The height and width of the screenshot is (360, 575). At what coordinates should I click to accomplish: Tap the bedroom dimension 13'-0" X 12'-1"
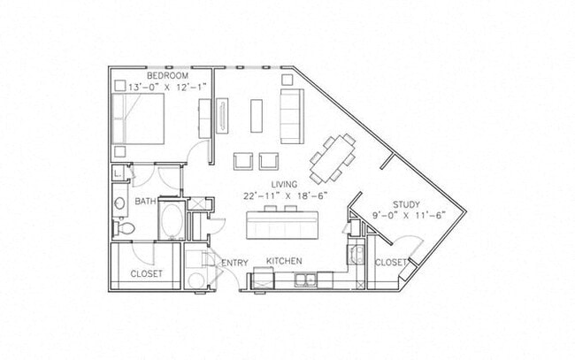pyautogui.click(x=165, y=87)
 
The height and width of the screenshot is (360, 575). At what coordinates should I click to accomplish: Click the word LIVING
pyautogui.click(x=271, y=183)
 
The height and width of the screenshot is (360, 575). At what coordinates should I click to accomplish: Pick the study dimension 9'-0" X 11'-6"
pyautogui.click(x=409, y=214)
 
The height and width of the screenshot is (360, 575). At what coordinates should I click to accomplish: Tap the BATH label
pyautogui.click(x=145, y=203)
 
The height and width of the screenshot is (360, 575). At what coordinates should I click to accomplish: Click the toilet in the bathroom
pyautogui.click(x=126, y=228)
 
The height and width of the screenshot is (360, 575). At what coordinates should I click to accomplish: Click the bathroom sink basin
pyautogui.click(x=120, y=205)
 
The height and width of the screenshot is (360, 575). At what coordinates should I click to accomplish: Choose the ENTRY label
pyautogui.click(x=234, y=262)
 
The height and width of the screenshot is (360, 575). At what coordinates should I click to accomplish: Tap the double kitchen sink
pyautogui.click(x=306, y=280)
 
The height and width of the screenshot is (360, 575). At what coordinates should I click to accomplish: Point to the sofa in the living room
pyautogui.click(x=291, y=115)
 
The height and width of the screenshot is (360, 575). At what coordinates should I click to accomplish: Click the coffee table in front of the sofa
pyautogui.click(x=257, y=115)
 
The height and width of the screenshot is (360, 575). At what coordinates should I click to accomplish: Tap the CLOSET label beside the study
pyautogui.click(x=390, y=263)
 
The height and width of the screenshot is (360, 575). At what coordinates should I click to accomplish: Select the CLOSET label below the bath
pyautogui.click(x=146, y=274)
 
